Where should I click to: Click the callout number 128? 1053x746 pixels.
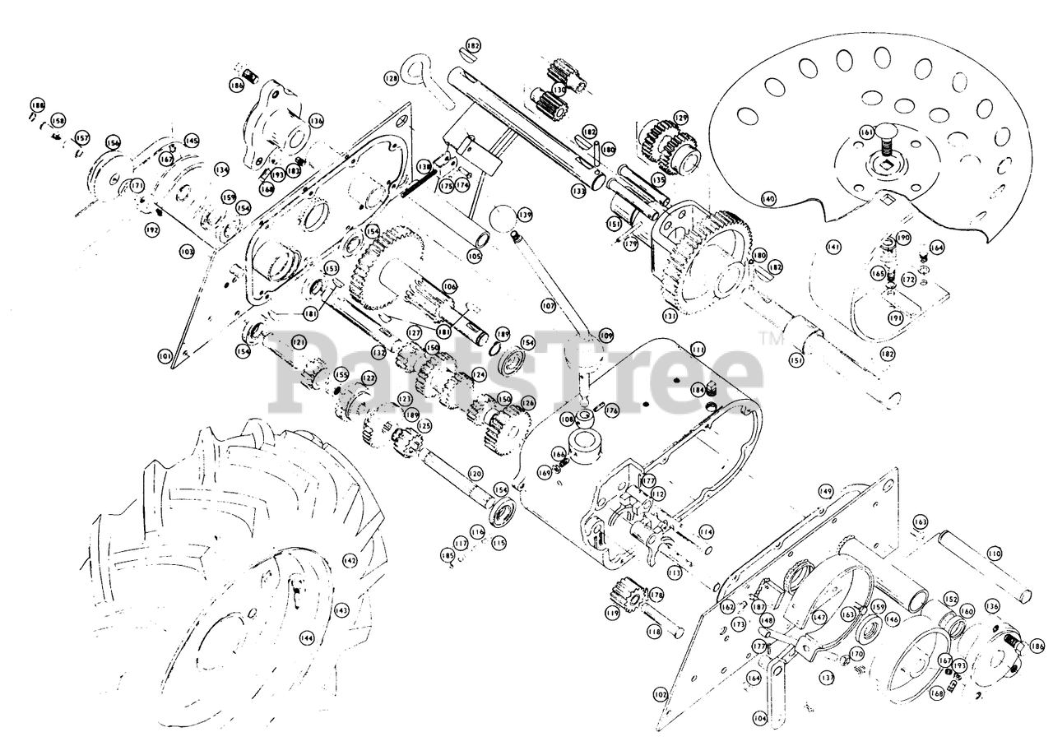pyautogui.click(x=390, y=78)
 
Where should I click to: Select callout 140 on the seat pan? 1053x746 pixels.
pyautogui.click(x=768, y=198)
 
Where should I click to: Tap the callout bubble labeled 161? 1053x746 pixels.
pyautogui.click(x=865, y=132)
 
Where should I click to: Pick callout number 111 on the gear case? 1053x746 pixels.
pyautogui.click(x=698, y=350)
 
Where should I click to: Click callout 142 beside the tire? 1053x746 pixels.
pyautogui.click(x=350, y=560)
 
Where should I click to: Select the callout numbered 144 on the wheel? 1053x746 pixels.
pyautogui.click(x=306, y=637)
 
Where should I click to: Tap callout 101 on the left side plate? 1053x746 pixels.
pyautogui.click(x=165, y=356)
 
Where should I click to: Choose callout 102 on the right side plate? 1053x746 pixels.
pyautogui.click(x=660, y=694)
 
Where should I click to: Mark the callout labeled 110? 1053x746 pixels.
pyautogui.click(x=995, y=554)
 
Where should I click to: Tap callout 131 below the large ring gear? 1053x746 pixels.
pyautogui.click(x=670, y=314)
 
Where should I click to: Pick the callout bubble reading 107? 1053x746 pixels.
pyautogui.click(x=549, y=305)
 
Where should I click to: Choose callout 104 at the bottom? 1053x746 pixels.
pyautogui.click(x=759, y=718)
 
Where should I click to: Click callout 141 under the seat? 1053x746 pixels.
pyautogui.click(x=833, y=246)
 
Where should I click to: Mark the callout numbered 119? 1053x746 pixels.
pyautogui.click(x=612, y=613)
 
